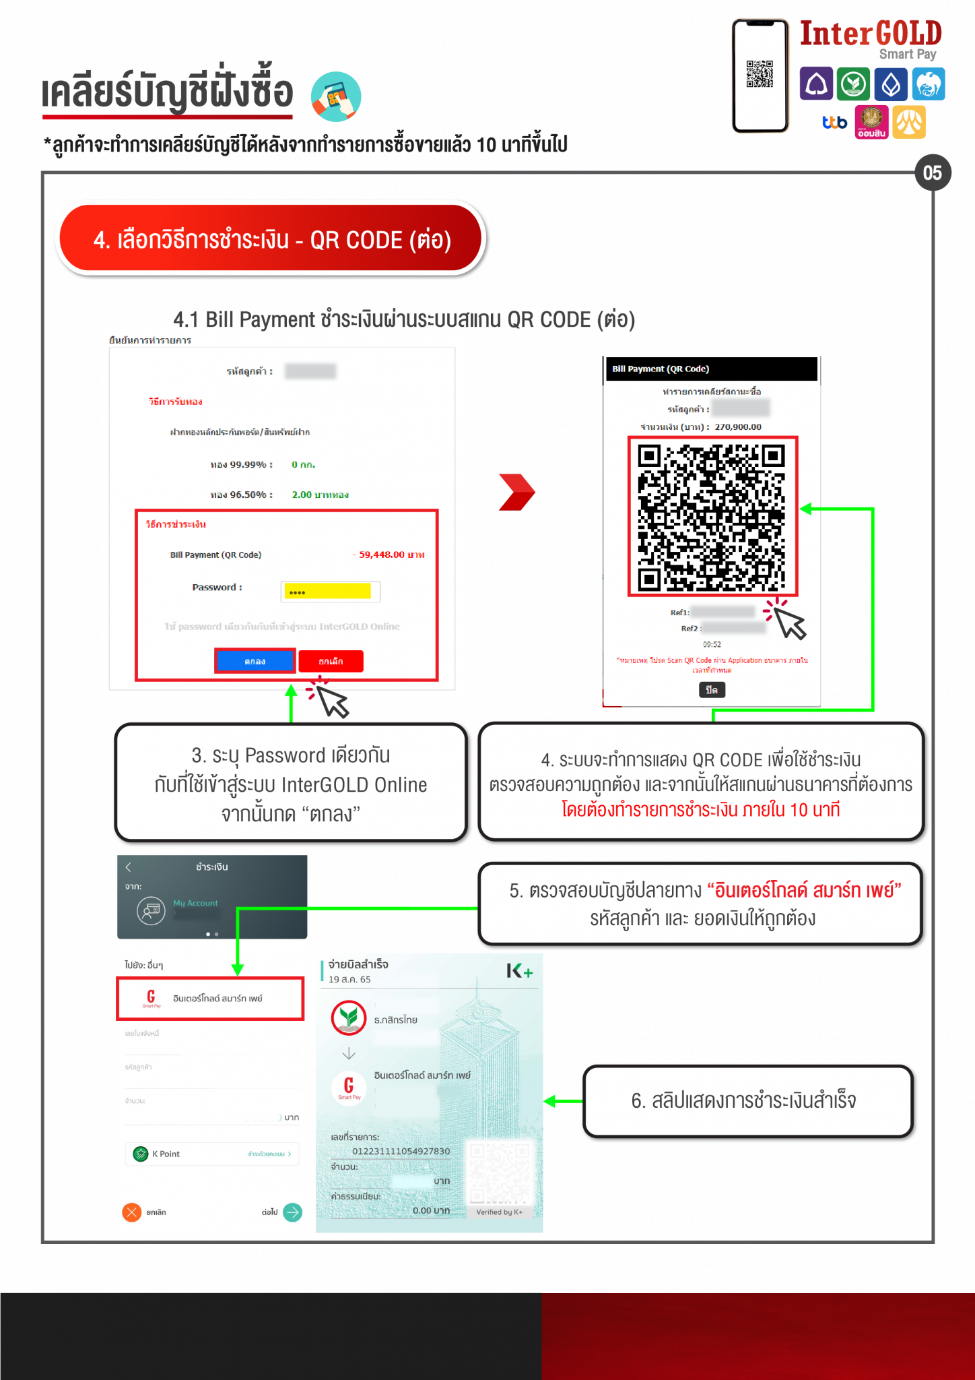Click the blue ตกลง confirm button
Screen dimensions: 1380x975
pos(255,661)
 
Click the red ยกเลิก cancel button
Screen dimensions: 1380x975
pos(331,661)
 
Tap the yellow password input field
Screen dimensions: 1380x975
pos(328,592)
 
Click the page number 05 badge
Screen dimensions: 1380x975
pos(932,173)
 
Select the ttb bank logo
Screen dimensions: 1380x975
pos(834,123)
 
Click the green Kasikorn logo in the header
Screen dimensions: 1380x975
pos(853,84)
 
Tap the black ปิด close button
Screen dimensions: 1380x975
pos(712,690)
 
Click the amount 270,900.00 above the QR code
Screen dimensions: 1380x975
pos(738,427)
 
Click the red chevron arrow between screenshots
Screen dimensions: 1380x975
pos(516,492)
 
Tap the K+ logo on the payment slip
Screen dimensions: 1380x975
pos(520,971)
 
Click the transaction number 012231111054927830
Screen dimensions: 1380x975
pos(401,1151)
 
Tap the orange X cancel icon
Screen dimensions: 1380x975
pos(132,1212)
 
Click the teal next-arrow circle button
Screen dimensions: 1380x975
pos(292,1212)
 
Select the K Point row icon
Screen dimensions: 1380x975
pos(141,1154)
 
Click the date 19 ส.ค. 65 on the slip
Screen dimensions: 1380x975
pos(349,980)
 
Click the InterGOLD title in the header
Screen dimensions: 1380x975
pos(870,34)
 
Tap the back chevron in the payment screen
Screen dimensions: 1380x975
pos(129,867)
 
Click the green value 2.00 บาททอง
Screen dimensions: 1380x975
pos(320,495)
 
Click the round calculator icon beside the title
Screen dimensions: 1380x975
pos(336,96)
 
